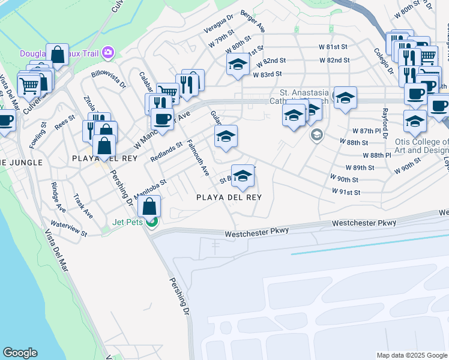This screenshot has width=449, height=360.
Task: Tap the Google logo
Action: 20,353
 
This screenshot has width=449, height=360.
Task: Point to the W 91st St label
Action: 346,192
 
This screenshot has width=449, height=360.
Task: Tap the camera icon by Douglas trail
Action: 108,53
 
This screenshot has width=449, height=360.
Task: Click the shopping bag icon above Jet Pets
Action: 149,206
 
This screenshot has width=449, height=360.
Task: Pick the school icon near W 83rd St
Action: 238,64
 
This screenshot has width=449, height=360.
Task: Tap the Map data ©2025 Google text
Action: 411,355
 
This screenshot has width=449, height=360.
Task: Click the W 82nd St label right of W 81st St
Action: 334,61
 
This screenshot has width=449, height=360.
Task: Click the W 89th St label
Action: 360,168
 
